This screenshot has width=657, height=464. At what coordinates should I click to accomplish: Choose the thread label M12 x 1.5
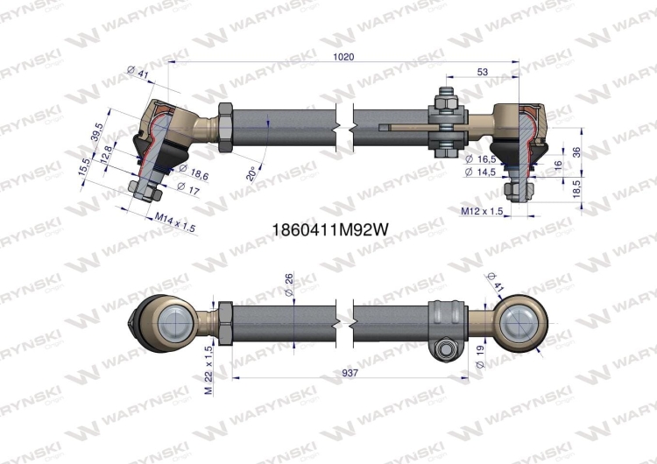click(481, 211)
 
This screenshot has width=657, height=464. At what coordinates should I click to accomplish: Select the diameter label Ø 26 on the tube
click(289, 284)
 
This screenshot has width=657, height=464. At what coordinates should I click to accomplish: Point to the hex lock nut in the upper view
click(223, 128)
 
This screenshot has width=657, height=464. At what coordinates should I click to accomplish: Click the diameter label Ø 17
click(187, 186)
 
